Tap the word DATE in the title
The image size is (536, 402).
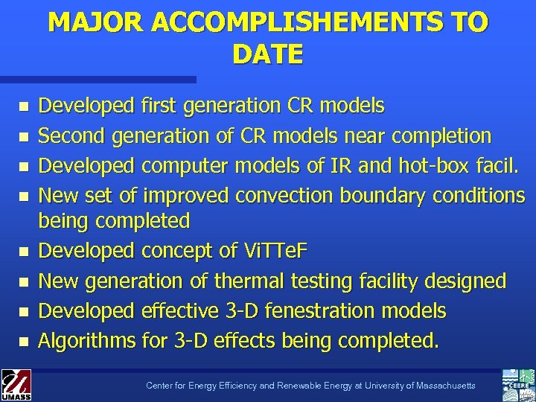[267, 54]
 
